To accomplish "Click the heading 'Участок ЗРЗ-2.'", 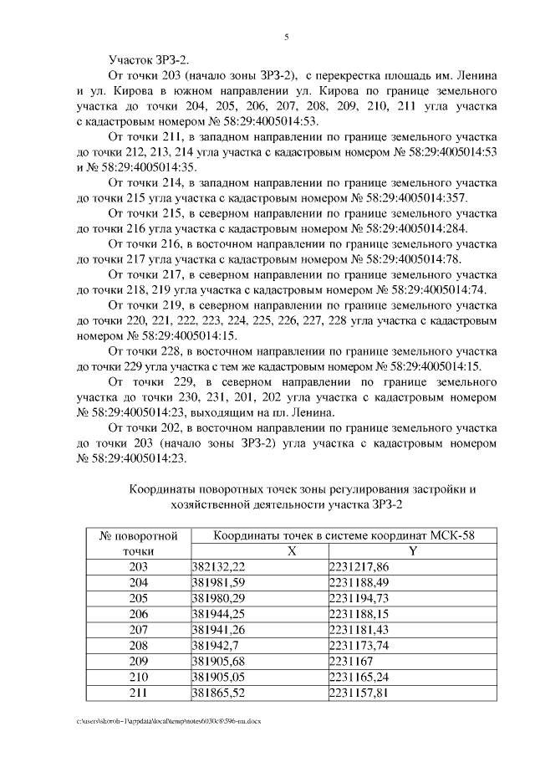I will pos(149,59).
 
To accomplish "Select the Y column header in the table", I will pos(412,550).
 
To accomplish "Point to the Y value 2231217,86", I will pos(359,566).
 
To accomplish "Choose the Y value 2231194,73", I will pos(359,598).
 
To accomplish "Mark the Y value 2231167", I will pos(353,662).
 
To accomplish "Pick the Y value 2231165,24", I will pos(359,678).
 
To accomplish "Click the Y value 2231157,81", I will pos(359,693).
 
